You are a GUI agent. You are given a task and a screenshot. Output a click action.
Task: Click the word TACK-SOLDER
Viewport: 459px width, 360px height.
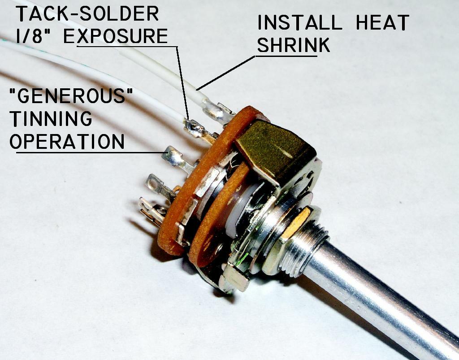[x=87, y=13]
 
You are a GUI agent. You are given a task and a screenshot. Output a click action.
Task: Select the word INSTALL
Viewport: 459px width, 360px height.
[x=300, y=22]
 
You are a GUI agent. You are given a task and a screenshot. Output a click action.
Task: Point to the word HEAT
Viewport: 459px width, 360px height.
[x=383, y=22]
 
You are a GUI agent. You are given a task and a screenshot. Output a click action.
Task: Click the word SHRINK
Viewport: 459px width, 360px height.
[x=294, y=45]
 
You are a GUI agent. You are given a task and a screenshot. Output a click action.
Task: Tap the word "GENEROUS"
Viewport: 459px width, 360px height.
[x=71, y=95]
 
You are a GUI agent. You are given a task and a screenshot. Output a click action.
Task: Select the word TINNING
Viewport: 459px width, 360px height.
[x=51, y=118]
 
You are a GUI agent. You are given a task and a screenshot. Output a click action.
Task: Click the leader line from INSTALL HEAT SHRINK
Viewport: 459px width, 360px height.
[x=226, y=73]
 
